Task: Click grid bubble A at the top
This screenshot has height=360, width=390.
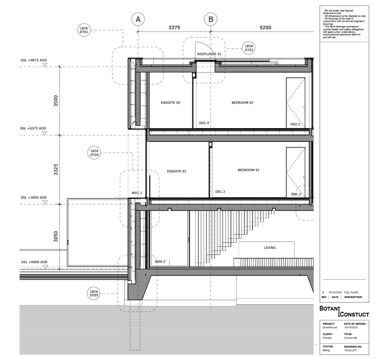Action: (x=138, y=19)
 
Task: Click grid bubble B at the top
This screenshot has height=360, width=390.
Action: (x=211, y=19)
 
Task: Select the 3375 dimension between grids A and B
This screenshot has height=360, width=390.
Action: (x=174, y=28)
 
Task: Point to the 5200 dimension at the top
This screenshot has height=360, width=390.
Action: (x=266, y=28)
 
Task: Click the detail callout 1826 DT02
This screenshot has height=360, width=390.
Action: (x=249, y=48)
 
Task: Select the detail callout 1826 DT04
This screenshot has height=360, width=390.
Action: (x=94, y=153)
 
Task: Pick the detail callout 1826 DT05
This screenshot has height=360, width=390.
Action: (x=94, y=293)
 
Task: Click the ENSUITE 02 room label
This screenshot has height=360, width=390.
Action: (x=170, y=103)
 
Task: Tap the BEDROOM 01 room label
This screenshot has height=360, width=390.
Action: (x=249, y=170)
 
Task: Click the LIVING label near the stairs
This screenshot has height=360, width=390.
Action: (x=270, y=247)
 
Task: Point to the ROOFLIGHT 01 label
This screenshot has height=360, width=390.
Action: (x=210, y=54)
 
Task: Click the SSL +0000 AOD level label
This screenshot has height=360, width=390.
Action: (x=33, y=262)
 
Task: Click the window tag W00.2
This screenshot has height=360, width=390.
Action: (x=160, y=261)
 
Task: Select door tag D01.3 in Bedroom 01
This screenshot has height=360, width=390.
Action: (x=220, y=192)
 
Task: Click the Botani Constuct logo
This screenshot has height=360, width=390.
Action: (x=344, y=312)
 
